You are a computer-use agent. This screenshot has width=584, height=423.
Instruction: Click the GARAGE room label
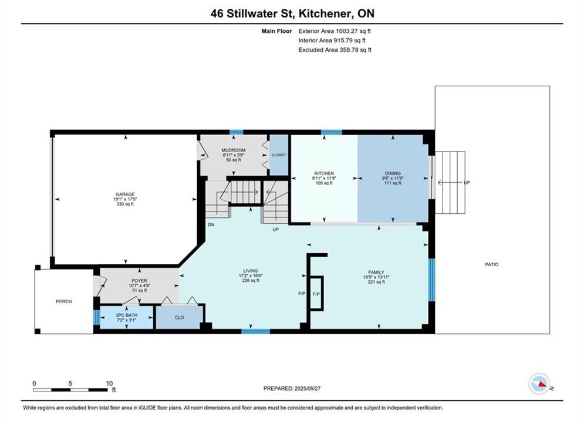click(x=125, y=194)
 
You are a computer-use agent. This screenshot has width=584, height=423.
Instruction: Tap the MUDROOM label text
click(x=234, y=150)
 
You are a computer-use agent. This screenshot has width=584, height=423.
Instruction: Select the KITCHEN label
click(x=324, y=173)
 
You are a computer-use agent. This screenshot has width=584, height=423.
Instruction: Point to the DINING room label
click(x=393, y=173)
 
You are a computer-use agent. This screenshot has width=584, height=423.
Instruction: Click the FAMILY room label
click(x=376, y=272)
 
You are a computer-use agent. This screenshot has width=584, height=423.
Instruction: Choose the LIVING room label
click(x=251, y=271)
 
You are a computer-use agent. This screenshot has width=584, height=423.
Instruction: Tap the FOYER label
click(x=139, y=281)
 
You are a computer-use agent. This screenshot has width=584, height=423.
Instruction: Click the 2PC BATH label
click(x=127, y=315)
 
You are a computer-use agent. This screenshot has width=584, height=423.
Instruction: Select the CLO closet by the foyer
click(x=180, y=317)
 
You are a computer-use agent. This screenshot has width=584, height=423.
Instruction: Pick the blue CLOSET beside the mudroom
click(x=279, y=155)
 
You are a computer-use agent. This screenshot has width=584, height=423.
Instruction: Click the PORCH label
click(x=64, y=301)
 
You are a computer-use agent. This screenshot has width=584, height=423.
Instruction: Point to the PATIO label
click(x=492, y=264)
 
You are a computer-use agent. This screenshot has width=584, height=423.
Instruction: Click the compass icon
click(x=539, y=384)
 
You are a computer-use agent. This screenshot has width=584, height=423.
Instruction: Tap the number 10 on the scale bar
click(x=109, y=383)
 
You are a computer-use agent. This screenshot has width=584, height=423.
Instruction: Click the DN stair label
click(x=211, y=225)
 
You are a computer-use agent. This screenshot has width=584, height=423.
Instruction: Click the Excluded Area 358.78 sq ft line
click(x=335, y=49)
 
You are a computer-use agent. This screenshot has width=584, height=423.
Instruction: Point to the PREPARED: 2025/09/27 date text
click(x=292, y=388)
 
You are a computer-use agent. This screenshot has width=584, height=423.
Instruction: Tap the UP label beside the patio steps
click(x=467, y=182)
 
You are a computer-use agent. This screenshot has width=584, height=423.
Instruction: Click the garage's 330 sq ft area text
click(x=125, y=204)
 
